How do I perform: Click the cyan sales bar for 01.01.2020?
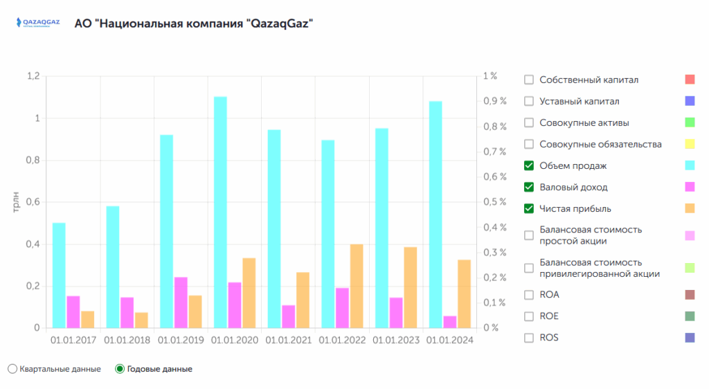220,212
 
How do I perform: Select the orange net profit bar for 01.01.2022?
357,286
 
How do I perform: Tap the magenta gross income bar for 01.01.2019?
181,302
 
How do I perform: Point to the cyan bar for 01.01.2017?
59,275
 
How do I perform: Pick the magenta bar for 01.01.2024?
450,322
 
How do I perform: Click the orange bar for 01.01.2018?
141,320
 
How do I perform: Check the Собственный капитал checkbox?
529,80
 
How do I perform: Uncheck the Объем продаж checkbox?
529,165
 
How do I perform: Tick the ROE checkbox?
529,316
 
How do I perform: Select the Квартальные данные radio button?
12,369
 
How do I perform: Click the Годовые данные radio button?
120,369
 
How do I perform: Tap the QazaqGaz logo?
37,23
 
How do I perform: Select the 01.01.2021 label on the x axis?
289,341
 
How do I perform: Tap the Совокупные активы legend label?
584,123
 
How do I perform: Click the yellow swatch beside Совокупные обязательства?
689,144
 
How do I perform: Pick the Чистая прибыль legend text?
575,208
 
